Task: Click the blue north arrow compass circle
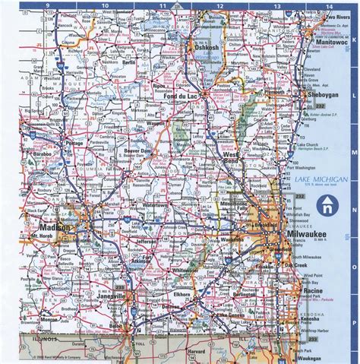point(327,204)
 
